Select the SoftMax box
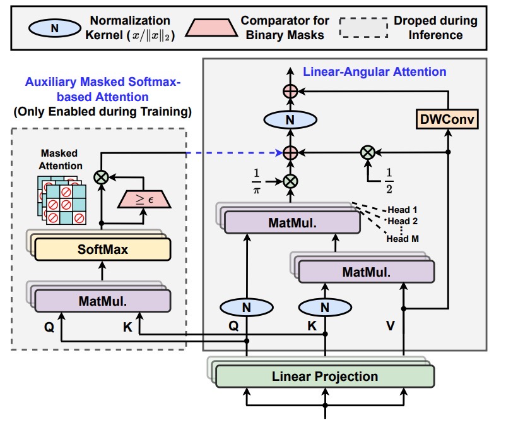point(103,250)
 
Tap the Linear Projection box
point(325,376)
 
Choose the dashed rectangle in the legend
point(363,27)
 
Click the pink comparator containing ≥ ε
point(142,200)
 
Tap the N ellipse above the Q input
point(247,308)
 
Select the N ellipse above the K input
point(325,308)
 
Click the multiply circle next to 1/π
point(290,180)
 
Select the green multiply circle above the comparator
point(100,177)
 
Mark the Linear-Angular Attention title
point(375,71)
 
